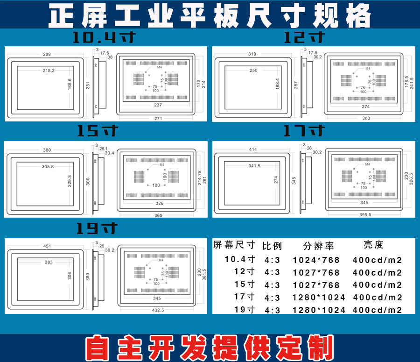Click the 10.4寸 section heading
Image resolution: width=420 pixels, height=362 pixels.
tap(104, 37)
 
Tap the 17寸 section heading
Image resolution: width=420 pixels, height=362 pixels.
tap(304, 131)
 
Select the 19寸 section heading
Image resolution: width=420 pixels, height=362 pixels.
tap(97, 228)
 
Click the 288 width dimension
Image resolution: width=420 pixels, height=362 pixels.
tap(47, 54)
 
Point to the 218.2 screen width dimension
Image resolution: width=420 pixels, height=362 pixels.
tap(49, 71)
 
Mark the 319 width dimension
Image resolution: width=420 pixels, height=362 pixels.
tap(252, 54)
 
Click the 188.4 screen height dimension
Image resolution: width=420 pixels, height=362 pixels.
tap(278, 84)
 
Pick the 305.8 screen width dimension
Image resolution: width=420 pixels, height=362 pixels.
tap(48, 166)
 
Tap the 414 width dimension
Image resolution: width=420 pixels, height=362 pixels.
tap(253, 149)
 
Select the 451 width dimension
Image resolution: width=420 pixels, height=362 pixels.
tap(47, 246)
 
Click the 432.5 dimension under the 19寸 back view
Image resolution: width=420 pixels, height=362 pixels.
tap(158, 310)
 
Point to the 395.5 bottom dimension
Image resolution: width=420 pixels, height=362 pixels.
tap(365, 214)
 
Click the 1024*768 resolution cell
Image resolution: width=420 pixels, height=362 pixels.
tap(316, 260)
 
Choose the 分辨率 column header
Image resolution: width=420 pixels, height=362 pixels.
tap(318, 246)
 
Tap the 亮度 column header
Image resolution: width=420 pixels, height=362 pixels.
tap(373, 245)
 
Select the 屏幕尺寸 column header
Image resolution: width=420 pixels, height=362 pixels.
tap(234, 245)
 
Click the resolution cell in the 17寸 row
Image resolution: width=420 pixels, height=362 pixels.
tap(319, 298)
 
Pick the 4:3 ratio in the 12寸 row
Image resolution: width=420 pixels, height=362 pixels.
tap(272, 272)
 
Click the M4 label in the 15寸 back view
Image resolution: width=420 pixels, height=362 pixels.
tap(162, 164)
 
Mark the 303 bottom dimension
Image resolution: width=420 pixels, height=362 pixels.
tap(366, 118)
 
